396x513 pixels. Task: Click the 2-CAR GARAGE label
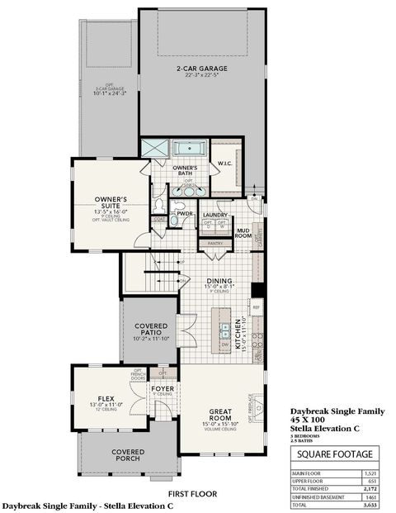(201, 69)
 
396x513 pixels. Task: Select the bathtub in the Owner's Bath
(190, 150)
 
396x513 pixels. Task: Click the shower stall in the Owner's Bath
(154, 149)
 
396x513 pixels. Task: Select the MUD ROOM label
(243, 231)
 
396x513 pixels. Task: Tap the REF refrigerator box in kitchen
(257, 307)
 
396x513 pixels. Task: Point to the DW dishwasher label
(224, 344)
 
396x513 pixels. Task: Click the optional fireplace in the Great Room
(257, 406)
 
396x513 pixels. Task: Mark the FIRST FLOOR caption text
(192, 493)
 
